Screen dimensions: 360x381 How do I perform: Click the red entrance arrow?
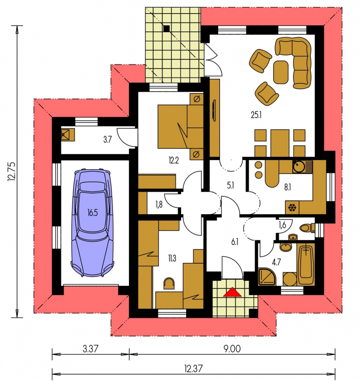(x=233, y=292)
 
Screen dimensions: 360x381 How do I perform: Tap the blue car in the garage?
(x=93, y=223)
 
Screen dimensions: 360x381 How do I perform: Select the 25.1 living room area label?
(x=256, y=115)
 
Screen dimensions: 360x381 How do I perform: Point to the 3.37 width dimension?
(x=91, y=349)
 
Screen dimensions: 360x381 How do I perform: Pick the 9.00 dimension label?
(x=232, y=349)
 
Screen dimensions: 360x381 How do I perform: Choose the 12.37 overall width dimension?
(x=193, y=369)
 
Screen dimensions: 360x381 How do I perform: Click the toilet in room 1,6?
(x=306, y=228)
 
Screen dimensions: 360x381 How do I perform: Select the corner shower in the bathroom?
(x=267, y=276)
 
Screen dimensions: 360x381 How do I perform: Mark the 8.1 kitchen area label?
(x=287, y=187)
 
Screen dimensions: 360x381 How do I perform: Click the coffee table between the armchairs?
(x=281, y=72)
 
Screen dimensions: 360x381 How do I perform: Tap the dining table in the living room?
(x=280, y=143)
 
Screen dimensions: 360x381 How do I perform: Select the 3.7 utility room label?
(x=107, y=139)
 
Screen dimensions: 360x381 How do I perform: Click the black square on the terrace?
(x=167, y=29)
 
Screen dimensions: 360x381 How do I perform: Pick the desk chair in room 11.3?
(x=169, y=284)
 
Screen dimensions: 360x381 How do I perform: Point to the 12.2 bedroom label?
(x=174, y=160)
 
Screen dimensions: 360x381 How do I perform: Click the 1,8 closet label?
(x=159, y=204)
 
